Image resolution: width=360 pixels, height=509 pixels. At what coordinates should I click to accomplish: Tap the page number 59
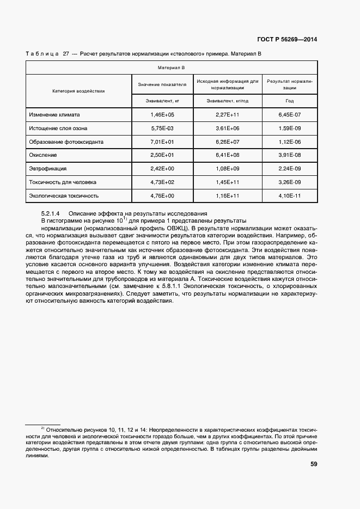coord(314,464)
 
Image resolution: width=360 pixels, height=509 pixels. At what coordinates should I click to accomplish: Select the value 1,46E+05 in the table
coord(162,115)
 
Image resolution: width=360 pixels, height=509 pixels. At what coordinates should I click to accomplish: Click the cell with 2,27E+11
coord(228,115)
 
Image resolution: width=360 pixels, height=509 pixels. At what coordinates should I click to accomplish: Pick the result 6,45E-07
coord(290,115)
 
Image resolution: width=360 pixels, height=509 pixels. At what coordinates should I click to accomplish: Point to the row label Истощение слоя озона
coord(59,128)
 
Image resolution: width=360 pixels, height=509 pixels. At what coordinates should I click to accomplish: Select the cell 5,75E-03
coord(162,128)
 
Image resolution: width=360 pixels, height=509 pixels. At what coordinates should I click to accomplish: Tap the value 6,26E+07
coord(228,142)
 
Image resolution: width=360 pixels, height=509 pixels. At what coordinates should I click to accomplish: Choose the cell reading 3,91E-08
coord(290,155)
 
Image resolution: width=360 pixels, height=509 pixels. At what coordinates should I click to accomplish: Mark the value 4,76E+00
coord(162,195)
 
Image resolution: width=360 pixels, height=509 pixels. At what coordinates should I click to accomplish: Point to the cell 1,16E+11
coord(228,195)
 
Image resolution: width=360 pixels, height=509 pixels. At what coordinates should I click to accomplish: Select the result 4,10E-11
coord(290,195)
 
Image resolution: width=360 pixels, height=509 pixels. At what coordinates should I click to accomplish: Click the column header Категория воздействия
coord(78,91)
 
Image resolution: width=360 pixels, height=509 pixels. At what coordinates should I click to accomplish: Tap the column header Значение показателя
coord(162,84)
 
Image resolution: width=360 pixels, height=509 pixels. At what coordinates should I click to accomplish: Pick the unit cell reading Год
coord(290,101)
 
